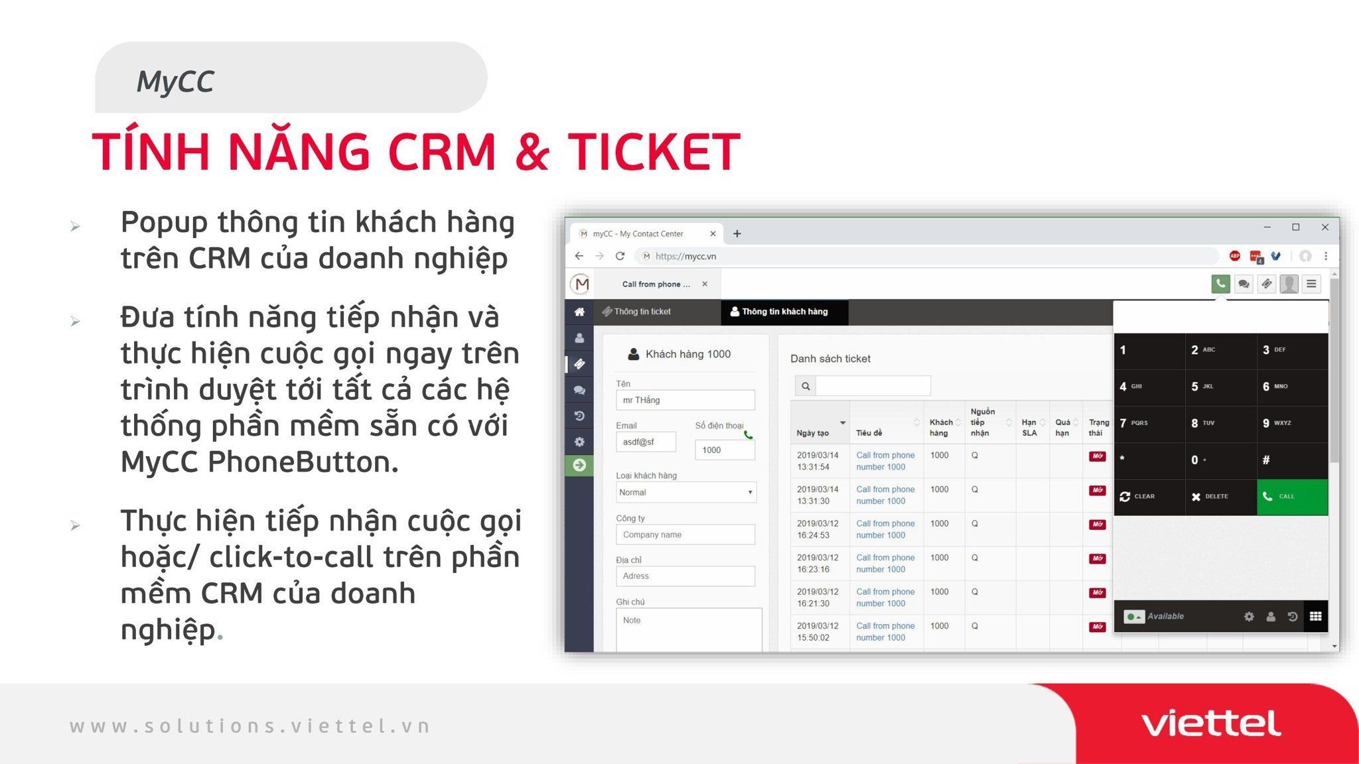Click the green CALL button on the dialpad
[x=1292, y=497]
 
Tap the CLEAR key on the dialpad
[x=1149, y=497]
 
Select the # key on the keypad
[x=1292, y=460]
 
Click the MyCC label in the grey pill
[x=175, y=82]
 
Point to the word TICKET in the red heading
[x=654, y=152]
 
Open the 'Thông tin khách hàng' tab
[x=784, y=312]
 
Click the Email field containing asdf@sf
[x=646, y=442]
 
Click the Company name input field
[x=685, y=535]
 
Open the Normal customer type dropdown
[x=686, y=492]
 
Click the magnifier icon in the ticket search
[x=806, y=386]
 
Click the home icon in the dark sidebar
[x=579, y=312]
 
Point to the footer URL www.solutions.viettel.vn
[x=250, y=726]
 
